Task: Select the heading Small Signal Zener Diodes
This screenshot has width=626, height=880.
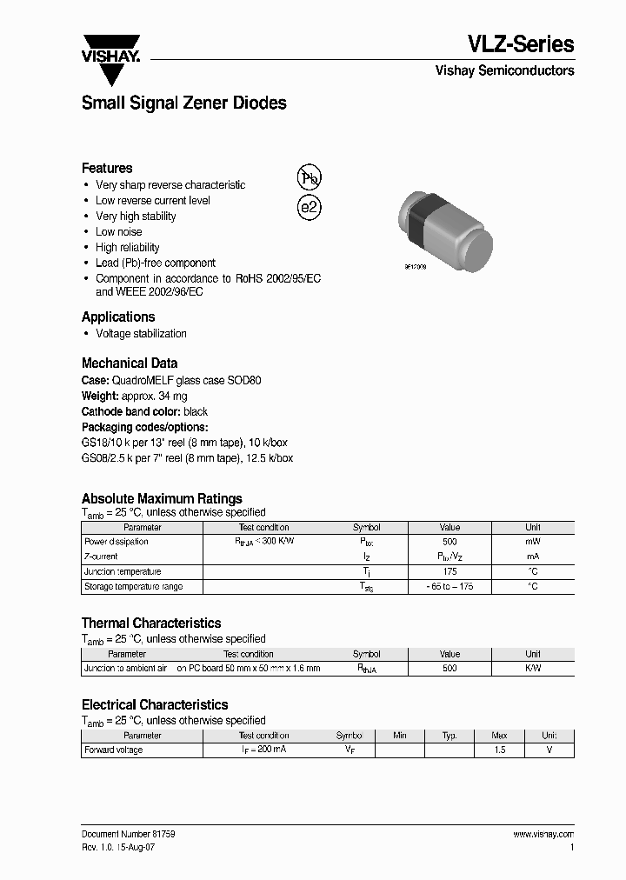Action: pyautogui.click(x=183, y=103)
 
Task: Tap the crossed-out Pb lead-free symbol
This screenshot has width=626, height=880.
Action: pyautogui.click(x=309, y=178)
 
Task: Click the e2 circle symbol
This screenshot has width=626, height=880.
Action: pyautogui.click(x=309, y=208)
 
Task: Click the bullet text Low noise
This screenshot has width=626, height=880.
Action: pyautogui.click(x=118, y=232)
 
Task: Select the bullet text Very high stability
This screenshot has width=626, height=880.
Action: pyautogui.click(x=136, y=217)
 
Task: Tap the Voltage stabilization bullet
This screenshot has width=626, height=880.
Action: pyautogui.click(x=141, y=334)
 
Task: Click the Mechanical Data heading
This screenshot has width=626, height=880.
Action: pyautogui.click(x=130, y=363)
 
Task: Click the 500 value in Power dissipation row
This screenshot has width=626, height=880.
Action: pyautogui.click(x=450, y=542)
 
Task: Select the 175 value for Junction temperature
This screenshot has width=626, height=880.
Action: pyautogui.click(x=450, y=572)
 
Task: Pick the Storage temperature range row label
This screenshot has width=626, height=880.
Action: pyautogui.click(x=133, y=587)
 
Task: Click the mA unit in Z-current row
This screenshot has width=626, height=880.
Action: pyautogui.click(x=532, y=557)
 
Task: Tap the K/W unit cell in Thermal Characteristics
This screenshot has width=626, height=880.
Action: pyautogui.click(x=532, y=669)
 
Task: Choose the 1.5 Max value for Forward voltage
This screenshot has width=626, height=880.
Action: pyautogui.click(x=499, y=750)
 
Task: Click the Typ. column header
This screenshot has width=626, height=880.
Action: pyautogui.click(x=450, y=736)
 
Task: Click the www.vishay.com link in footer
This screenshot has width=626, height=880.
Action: pyautogui.click(x=543, y=835)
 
